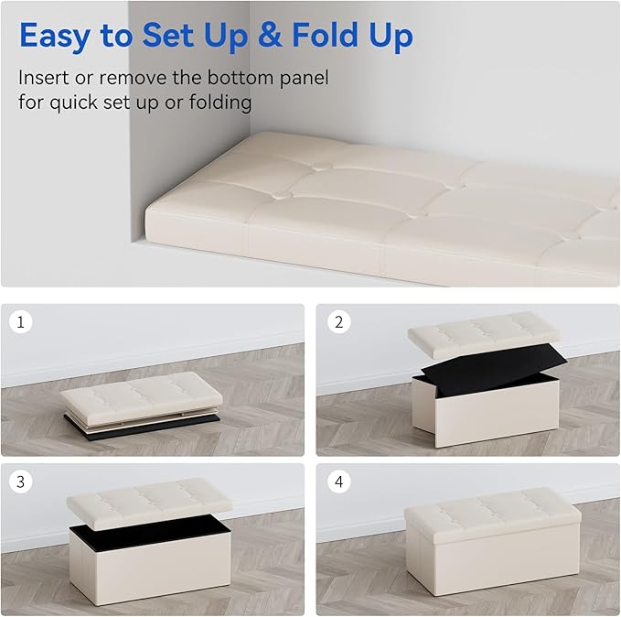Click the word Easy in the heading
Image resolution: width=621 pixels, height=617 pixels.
(55, 36)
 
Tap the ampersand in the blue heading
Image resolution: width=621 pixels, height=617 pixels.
(270, 35)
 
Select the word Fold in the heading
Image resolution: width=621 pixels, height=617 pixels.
(326, 35)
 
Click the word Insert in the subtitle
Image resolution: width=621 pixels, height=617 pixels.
(44, 77)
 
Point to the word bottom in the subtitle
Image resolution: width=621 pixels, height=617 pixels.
(241, 77)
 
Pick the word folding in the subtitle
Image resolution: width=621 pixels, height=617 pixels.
(220, 103)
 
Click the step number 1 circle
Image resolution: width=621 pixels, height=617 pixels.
(21, 321)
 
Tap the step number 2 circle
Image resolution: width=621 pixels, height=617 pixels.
(338, 322)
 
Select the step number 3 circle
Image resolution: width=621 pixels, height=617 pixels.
(21, 482)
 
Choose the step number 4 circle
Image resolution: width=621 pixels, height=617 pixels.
(338, 482)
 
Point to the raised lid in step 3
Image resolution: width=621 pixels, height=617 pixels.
(149, 496)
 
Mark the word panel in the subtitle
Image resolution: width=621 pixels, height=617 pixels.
(305, 78)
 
